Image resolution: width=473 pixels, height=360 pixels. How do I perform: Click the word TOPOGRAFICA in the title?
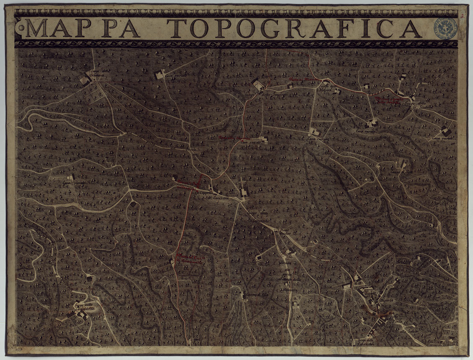click(296, 28)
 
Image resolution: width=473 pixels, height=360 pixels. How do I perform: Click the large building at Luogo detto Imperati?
click(258, 85)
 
